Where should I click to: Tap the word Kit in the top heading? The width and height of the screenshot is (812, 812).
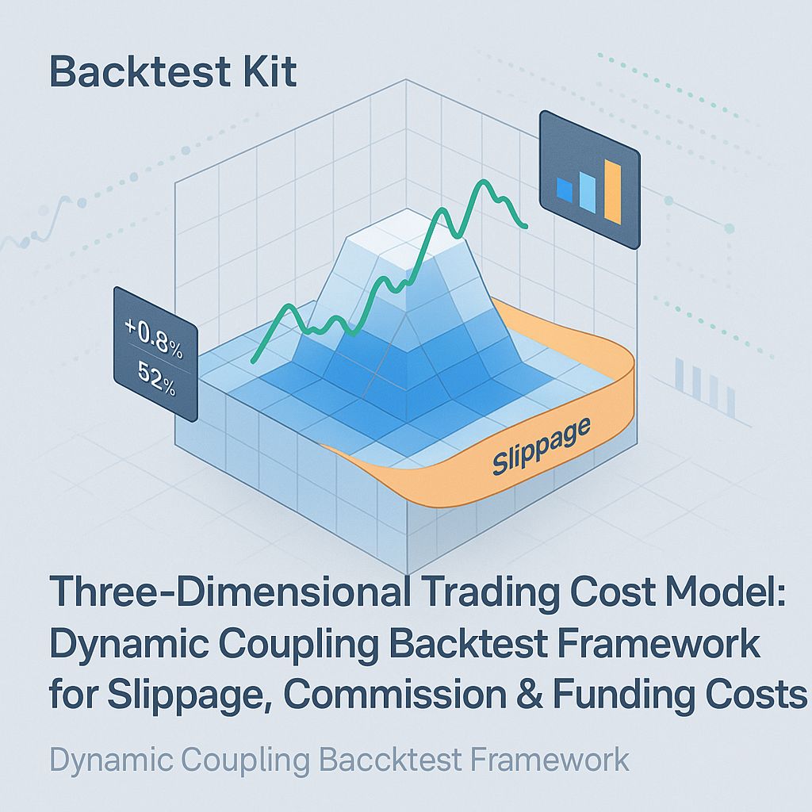(274, 72)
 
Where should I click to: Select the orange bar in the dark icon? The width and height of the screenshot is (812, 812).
(612, 191)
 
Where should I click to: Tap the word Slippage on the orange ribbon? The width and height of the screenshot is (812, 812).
(542, 446)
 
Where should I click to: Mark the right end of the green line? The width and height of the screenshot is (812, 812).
(526, 228)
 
